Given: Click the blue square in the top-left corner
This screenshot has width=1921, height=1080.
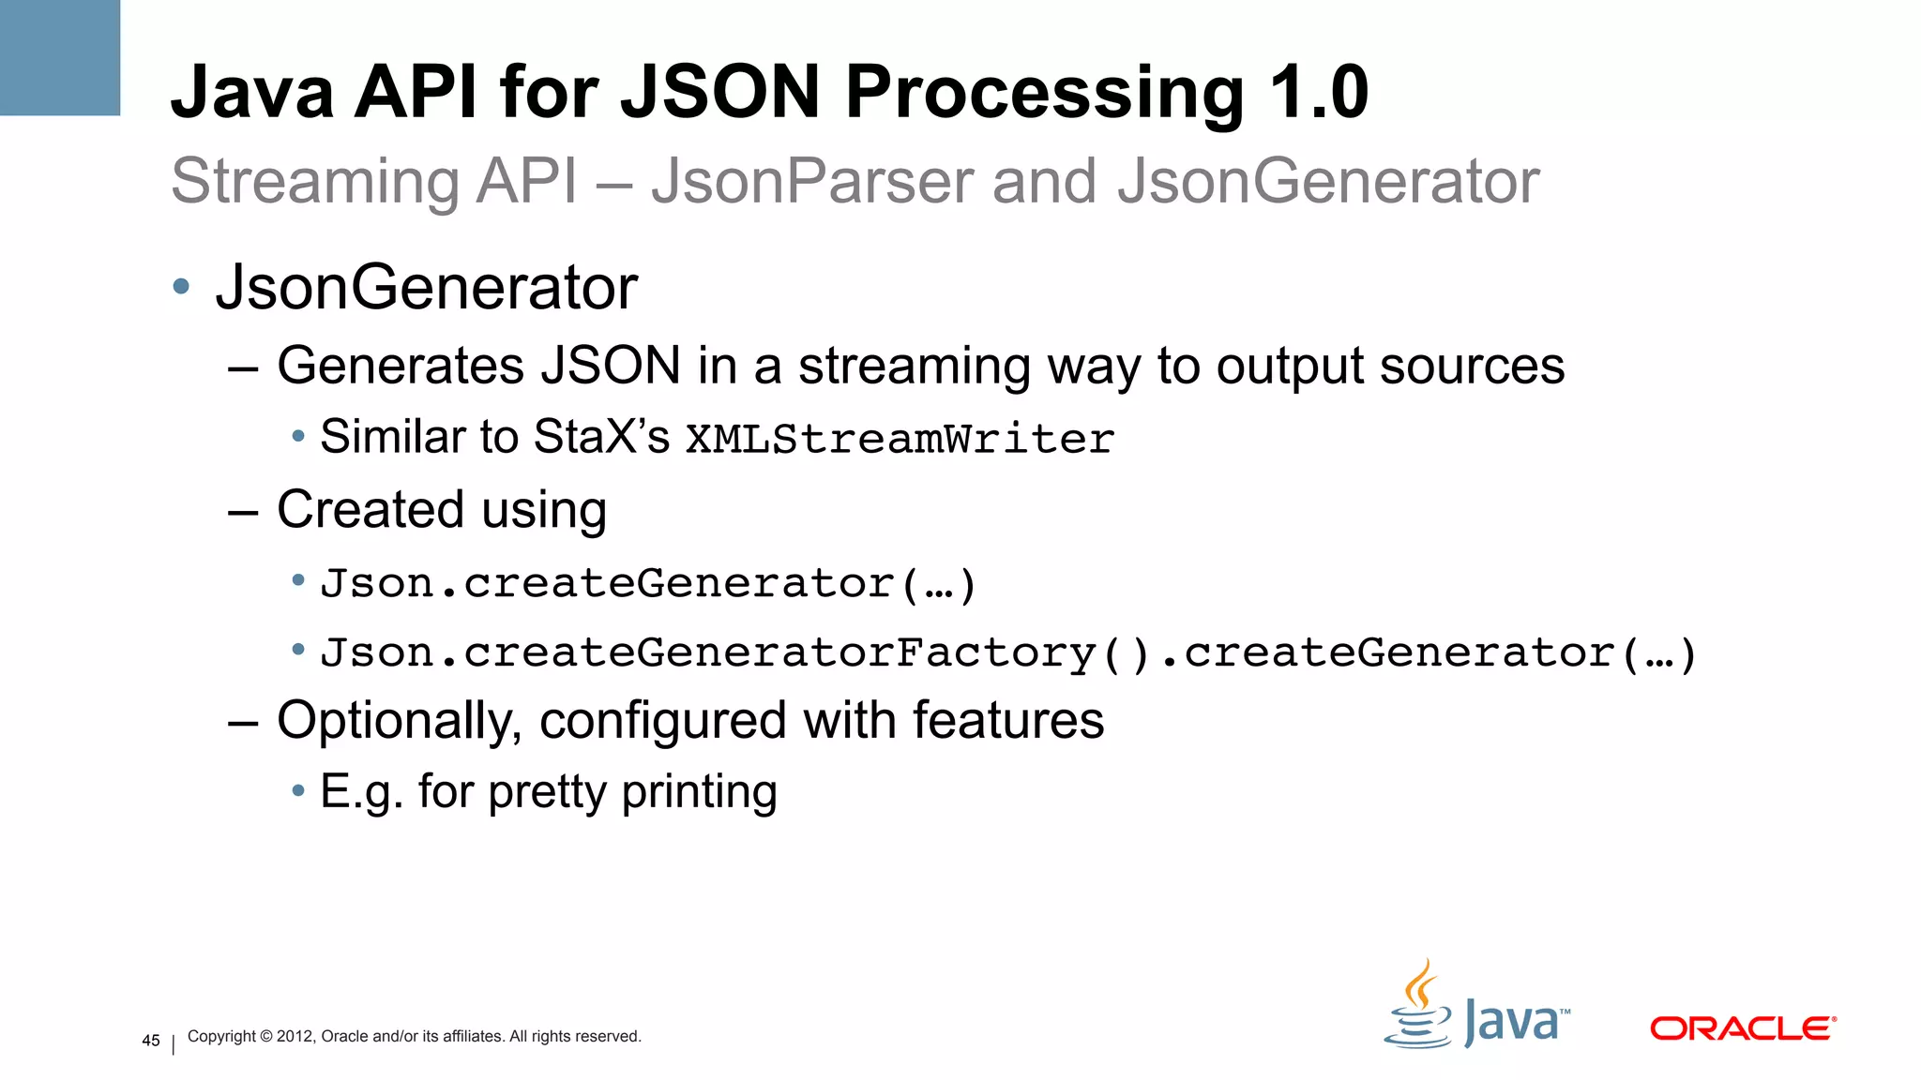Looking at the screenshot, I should click(60, 57).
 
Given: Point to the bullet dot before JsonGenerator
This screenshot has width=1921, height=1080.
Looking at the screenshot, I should click(182, 286).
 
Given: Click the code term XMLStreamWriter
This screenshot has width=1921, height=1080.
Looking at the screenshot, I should click(900, 439).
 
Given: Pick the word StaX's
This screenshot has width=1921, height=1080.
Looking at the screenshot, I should click(601, 437).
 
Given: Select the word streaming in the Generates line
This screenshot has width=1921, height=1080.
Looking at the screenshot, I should click(915, 366).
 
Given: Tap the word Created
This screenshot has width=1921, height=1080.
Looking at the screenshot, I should click(371, 510).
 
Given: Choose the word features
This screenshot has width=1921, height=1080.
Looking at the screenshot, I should click(1008, 721).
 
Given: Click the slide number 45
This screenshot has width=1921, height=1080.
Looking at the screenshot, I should click(151, 1041).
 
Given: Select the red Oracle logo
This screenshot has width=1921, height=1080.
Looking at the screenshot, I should click(1742, 1028).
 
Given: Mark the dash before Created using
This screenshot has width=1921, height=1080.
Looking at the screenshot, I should click(243, 512).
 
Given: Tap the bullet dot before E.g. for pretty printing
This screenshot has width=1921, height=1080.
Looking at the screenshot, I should click(298, 791).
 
